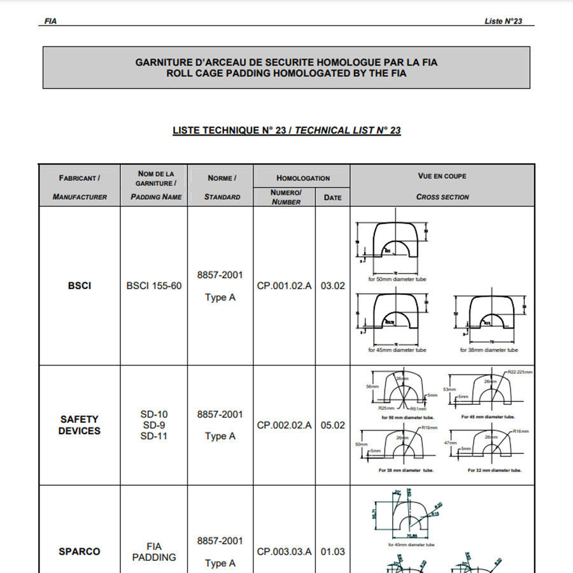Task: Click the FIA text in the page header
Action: coord(50,21)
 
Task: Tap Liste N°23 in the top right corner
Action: coord(503,21)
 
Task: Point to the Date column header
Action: coord(332,197)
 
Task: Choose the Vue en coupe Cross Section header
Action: coord(442,186)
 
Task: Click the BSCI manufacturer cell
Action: coord(80,286)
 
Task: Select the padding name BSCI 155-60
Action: coord(154,286)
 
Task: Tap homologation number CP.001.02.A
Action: coord(285,286)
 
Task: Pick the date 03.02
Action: coord(332,286)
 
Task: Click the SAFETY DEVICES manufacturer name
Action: coord(80,425)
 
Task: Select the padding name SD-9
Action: coord(154,425)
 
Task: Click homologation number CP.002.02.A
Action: coord(285,425)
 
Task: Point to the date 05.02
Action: coord(332,425)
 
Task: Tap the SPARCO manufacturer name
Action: coord(80,551)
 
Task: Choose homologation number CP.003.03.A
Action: coord(285,551)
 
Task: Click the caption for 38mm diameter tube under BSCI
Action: coord(489,350)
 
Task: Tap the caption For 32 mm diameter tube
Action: coord(495,470)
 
